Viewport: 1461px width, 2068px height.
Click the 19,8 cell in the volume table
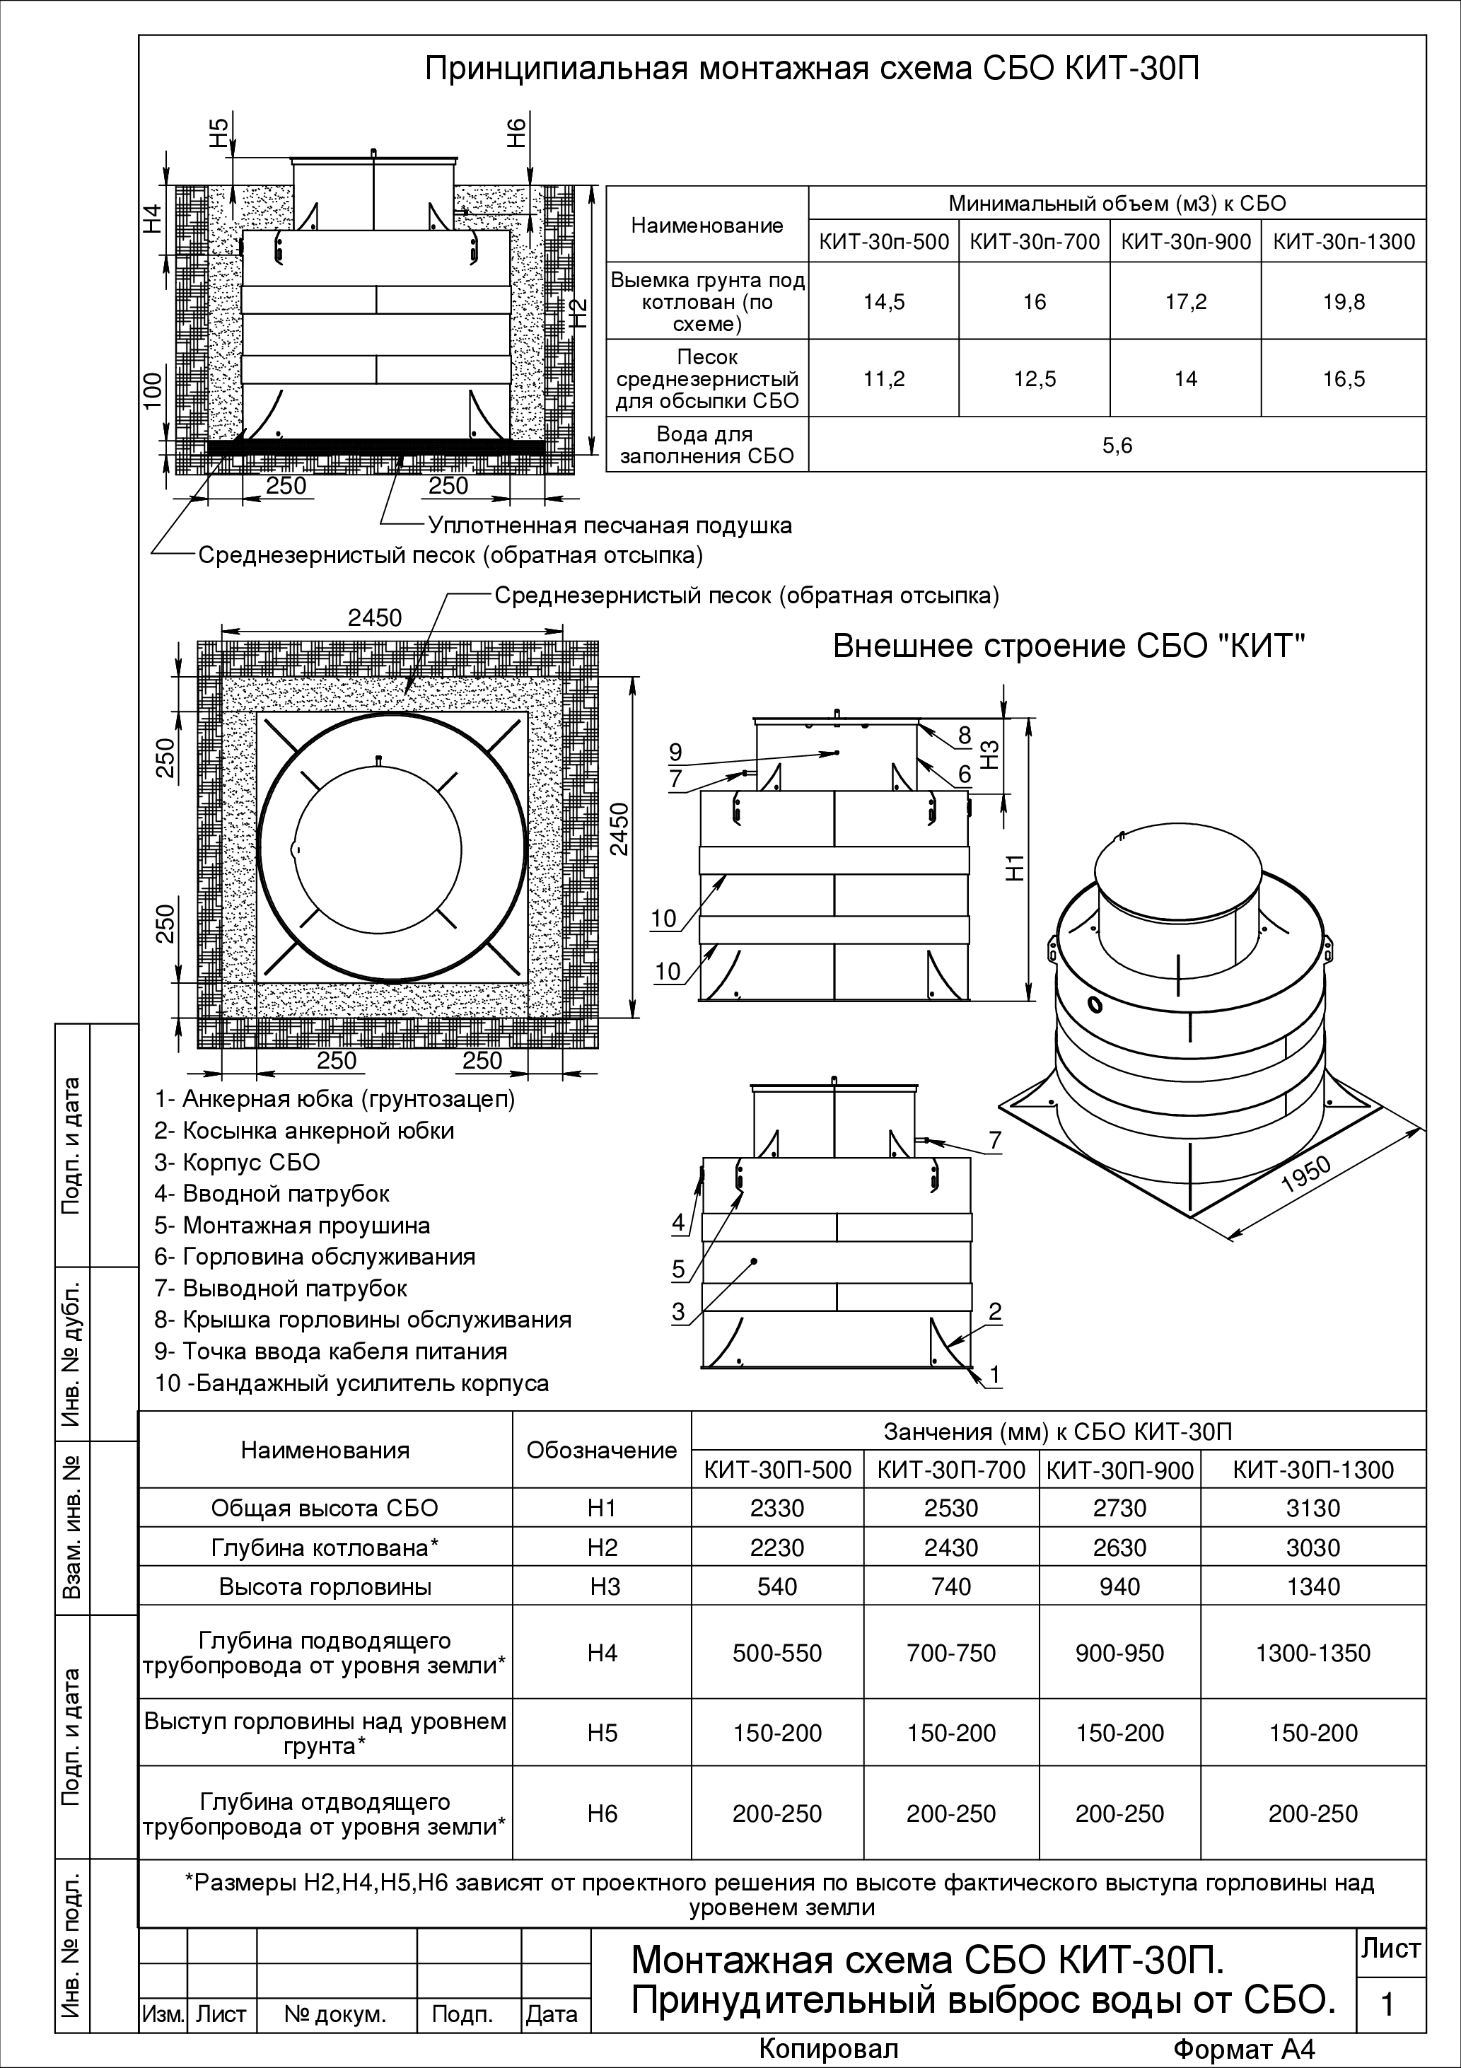tap(1343, 302)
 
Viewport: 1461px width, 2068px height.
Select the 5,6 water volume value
tap(1117, 445)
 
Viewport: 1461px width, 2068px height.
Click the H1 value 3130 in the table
tap(1313, 1508)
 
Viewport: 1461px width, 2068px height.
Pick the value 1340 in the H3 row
tap(1313, 1586)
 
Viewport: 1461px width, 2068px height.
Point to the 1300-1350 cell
tap(1313, 1653)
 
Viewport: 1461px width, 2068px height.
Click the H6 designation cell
tap(602, 1813)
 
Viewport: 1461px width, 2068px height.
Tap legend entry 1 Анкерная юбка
tap(334, 1099)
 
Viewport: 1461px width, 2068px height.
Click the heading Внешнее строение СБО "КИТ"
tap(1069, 646)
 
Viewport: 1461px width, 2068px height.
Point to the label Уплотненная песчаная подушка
tap(610, 525)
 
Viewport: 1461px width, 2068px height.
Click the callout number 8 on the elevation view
tap(965, 736)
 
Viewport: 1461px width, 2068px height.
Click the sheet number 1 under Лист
tap(1387, 2004)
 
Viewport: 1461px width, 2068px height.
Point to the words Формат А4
tap(1246, 2048)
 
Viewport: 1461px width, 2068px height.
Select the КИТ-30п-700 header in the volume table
tap(1034, 241)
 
